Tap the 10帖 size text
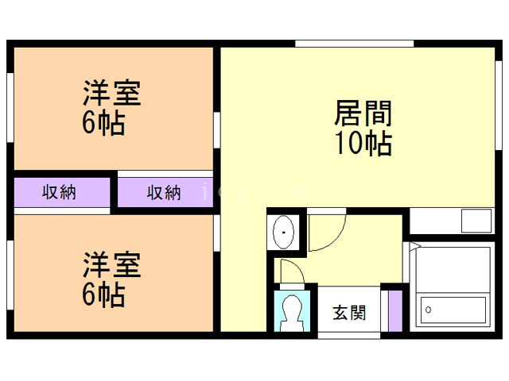[x=363, y=144]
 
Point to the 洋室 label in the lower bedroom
[x=112, y=264]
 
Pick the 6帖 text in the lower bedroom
[x=103, y=294]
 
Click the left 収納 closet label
[x=60, y=192]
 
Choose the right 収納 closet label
[x=164, y=192]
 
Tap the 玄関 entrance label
[x=349, y=312]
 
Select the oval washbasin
[x=283, y=233]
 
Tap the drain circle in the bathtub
[x=428, y=308]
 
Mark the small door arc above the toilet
[x=291, y=271]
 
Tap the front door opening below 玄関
[x=349, y=336]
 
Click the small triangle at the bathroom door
[x=414, y=248]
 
